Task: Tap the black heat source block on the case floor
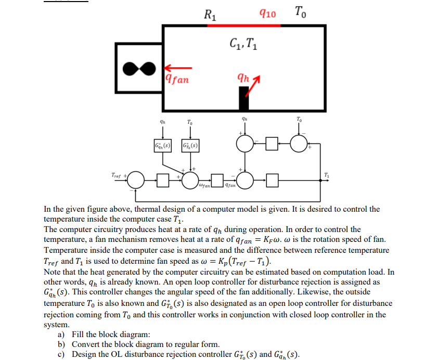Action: pyautogui.click(x=243, y=98)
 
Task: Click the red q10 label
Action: pyautogui.click(x=267, y=12)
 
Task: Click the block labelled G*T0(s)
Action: pyautogui.click(x=191, y=144)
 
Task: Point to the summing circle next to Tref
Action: pyautogui.click(x=136, y=181)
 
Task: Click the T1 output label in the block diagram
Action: pyautogui.click(x=326, y=174)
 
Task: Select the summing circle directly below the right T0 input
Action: pyautogui.click(x=299, y=144)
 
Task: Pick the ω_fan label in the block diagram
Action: pyautogui.click(x=204, y=185)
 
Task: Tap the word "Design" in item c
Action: pyautogui.click(x=85, y=355)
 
